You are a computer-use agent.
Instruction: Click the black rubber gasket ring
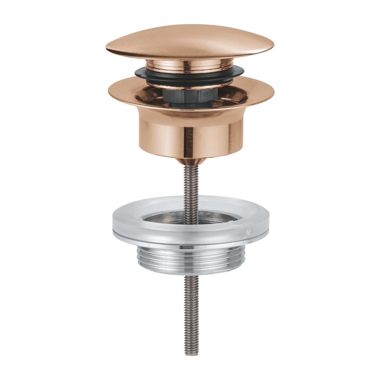point(190,73)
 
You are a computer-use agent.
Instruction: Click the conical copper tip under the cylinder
point(190,162)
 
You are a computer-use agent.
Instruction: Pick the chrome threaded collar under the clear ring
point(190,258)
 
